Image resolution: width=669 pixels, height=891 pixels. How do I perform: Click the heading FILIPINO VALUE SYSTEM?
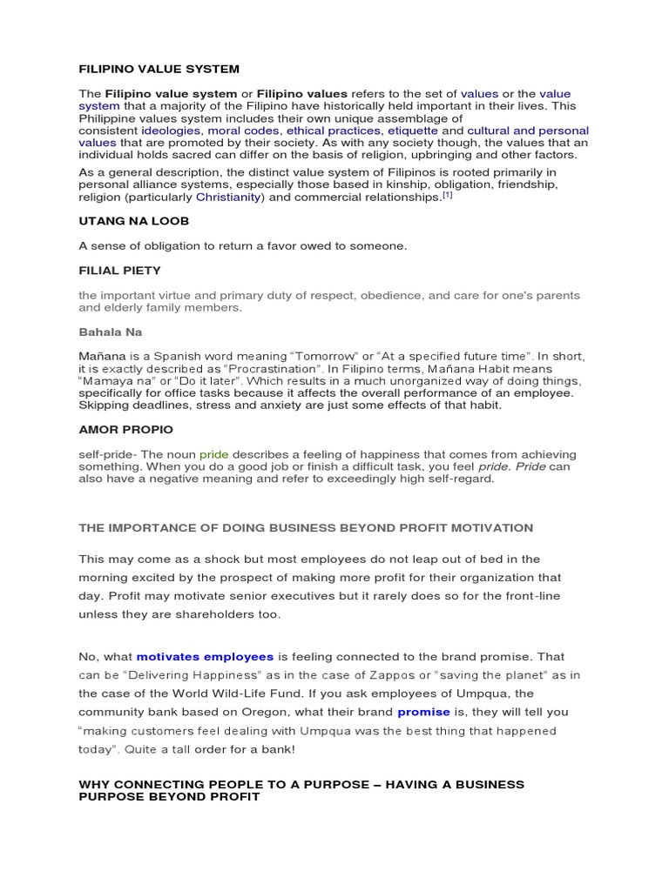pos(159,69)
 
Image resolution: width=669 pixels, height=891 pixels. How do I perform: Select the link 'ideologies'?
pos(172,131)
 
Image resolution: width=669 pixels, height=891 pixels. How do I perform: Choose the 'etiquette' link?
pos(413,131)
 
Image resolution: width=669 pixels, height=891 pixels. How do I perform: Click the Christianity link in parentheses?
pos(228,198)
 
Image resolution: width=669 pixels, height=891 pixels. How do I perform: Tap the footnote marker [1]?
pos(448,196)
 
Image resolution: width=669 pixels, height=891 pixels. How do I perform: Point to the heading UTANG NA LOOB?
pos(133,222)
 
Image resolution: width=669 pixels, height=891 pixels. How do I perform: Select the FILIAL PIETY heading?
pos(119,271)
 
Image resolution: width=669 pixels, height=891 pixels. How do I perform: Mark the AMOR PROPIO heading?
pos(125,430)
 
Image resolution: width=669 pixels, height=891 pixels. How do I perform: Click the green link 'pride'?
pos(213,454)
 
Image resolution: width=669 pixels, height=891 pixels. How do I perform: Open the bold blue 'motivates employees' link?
pos(205,656)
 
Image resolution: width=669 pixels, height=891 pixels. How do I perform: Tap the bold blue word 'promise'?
pos(423,712)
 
